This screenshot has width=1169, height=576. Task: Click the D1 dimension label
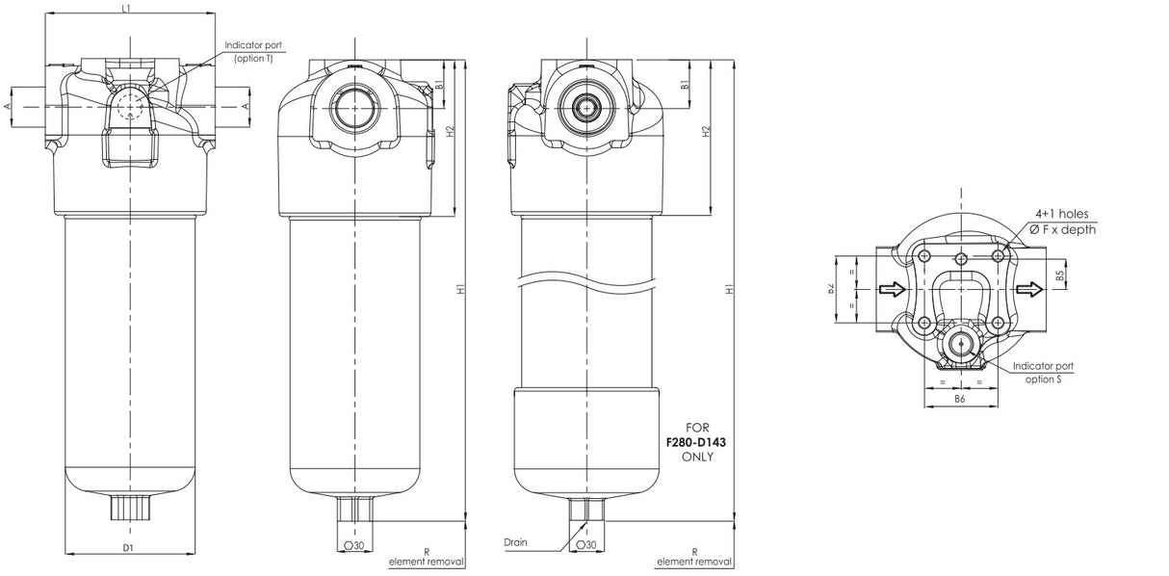pos(128,548)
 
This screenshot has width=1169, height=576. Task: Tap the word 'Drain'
pos(515,542)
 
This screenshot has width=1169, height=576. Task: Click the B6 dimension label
pos(960,397)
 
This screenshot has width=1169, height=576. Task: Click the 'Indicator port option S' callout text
pos(1042,372)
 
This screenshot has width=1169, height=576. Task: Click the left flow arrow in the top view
pos(892,288)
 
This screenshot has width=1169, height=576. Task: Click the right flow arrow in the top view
pos(1030,288)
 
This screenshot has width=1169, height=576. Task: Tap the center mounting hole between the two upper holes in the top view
pos(961,257)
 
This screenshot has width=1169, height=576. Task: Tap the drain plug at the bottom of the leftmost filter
pos(128,505)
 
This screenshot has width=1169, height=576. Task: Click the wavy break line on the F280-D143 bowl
pos(587,283)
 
